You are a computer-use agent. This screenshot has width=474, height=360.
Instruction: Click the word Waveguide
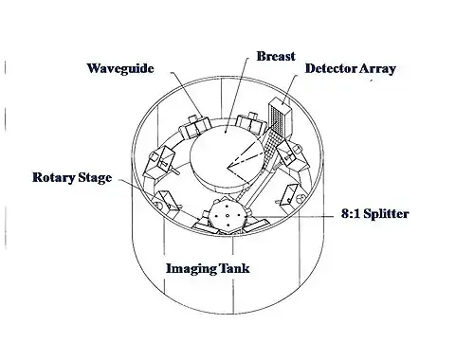120,69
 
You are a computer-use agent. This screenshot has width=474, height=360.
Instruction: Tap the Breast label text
276,56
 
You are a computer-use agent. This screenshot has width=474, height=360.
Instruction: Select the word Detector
330,68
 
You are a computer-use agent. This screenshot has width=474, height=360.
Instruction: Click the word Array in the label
377,69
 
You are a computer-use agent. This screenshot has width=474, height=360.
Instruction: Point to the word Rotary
53,177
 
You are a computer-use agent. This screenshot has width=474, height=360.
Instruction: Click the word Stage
95,178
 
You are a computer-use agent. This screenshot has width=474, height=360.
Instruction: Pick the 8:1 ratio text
351,214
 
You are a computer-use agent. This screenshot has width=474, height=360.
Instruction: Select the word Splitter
386,214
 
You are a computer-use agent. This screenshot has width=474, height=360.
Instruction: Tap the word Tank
234,268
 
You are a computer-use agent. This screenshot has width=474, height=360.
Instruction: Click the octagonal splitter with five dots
228,216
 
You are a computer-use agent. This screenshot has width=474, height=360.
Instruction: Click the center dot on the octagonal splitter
228,216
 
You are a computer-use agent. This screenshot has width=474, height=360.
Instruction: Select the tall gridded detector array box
280,118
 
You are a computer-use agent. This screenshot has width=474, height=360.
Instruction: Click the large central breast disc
227,158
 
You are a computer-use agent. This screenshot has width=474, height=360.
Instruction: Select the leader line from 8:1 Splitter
292,216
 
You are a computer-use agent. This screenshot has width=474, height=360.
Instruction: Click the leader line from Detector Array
289,90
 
